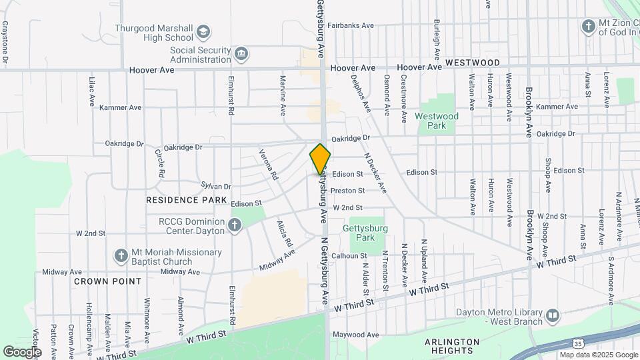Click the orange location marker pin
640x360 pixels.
pyautogui.click(x=320, y=159)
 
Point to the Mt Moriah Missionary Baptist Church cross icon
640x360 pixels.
pyautogui.click(x=121, y=256)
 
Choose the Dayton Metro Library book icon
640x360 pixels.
pyautogui.click(x=553, y=315)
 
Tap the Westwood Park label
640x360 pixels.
pyautogui.click(x=437, y=121)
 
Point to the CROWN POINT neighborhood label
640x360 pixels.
pyautogui.click(x=108, y=281)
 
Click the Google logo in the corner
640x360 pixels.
pyautogui.click(x=22, y=351)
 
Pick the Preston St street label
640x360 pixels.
pyautogui.click(x=348, y=190)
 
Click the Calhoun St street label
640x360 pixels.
pyautogui.click(x=349, y=255)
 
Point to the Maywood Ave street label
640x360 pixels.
pyautogui.click(x=356, y=334)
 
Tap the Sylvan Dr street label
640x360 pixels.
pyautogui.click(x=215, y=187)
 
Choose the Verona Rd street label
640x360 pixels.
pyautogui.click(x=269, y=165)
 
